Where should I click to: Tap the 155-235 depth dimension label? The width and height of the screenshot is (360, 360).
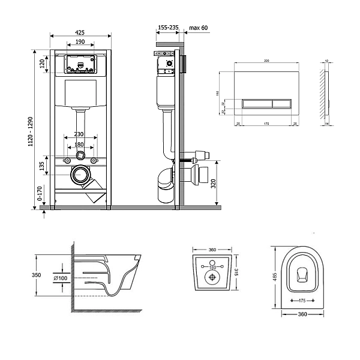[x=168, y=28]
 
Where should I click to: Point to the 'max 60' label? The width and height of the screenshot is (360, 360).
[x=199, y=28]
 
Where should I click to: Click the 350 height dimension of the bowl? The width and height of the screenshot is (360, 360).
[x=36, y=274]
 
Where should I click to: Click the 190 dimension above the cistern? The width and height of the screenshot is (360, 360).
[x=79, y=43]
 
